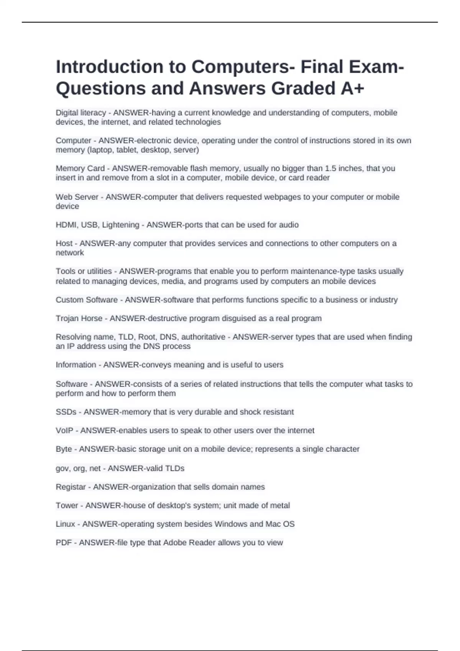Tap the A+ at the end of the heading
coord(352,88)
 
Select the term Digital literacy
coord(80,113)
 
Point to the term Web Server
coord(77,197)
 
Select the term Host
coord(64,244)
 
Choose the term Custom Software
coord(87,300)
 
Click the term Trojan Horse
coord(79,318)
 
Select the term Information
coord(76,365)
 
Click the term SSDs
coord(66,412)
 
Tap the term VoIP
coord(64,430)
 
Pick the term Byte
coord(64,449)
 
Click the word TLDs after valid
coord(174,468)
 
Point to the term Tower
coord(67,505)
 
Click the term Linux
coord(65,524)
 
